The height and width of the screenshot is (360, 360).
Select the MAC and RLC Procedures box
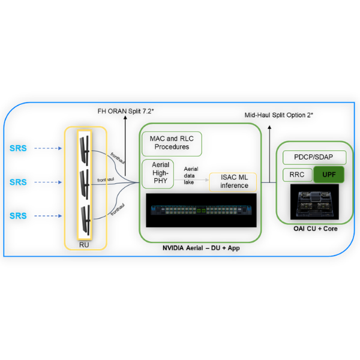click(x=172, y=143)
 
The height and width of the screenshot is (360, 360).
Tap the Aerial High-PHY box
click(x=157, y=173)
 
